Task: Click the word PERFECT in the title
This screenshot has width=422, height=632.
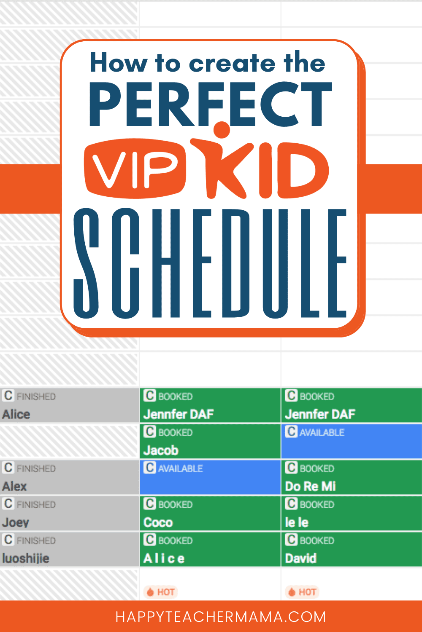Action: pos(210,104)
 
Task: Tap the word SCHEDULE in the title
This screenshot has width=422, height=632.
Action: pos(210,263)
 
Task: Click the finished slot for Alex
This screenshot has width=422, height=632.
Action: pos(70,477)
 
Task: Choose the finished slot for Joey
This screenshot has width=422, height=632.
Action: pos(70,513)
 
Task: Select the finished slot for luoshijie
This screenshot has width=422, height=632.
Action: pos(70,549)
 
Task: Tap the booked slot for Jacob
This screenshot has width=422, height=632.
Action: pos(210,442)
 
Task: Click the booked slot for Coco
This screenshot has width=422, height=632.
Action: pos(210,513)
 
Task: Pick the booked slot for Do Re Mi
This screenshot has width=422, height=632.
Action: pos(352,477)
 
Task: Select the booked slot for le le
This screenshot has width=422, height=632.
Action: pos(352,513)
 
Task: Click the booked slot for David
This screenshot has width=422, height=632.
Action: pos(352,549)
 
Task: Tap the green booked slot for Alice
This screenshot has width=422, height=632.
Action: pos(210,549)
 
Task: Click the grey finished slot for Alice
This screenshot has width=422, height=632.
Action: pos(70,405)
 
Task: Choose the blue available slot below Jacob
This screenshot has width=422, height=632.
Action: pos(210,477)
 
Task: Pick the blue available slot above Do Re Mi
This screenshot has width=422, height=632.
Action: pos(352,442)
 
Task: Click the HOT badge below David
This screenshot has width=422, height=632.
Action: pos(302,592)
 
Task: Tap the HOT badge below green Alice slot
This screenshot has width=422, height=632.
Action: pos(161,592)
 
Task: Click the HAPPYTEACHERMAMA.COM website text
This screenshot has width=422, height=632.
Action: pos(221,617)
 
